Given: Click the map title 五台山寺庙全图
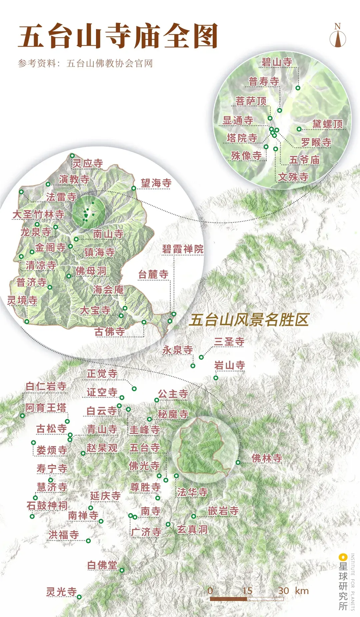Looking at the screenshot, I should [118, 36].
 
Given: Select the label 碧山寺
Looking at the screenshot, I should [277, 62].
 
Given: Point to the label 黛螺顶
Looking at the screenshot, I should [327, 124].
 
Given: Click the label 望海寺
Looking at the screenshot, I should [156, 183].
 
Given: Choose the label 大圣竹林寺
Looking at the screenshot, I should [38, 214].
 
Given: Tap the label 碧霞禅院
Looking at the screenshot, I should [183, 249].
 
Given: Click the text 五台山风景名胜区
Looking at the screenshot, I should [249, 320].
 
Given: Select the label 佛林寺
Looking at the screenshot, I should [267, 458].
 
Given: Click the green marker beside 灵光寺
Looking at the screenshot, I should [79, 597].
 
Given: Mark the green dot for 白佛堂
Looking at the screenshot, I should [122, 570].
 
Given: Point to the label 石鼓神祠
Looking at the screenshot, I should [47, 505].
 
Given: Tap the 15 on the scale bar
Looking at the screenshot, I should [247, 591].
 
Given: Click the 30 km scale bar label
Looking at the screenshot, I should [293, 591].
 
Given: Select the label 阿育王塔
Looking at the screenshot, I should [46, 407].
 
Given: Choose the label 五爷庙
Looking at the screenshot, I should [304, 160].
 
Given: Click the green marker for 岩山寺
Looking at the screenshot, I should [216, 378].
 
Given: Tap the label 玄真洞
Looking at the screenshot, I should [192, 529].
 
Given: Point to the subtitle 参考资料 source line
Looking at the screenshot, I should [85, 63].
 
